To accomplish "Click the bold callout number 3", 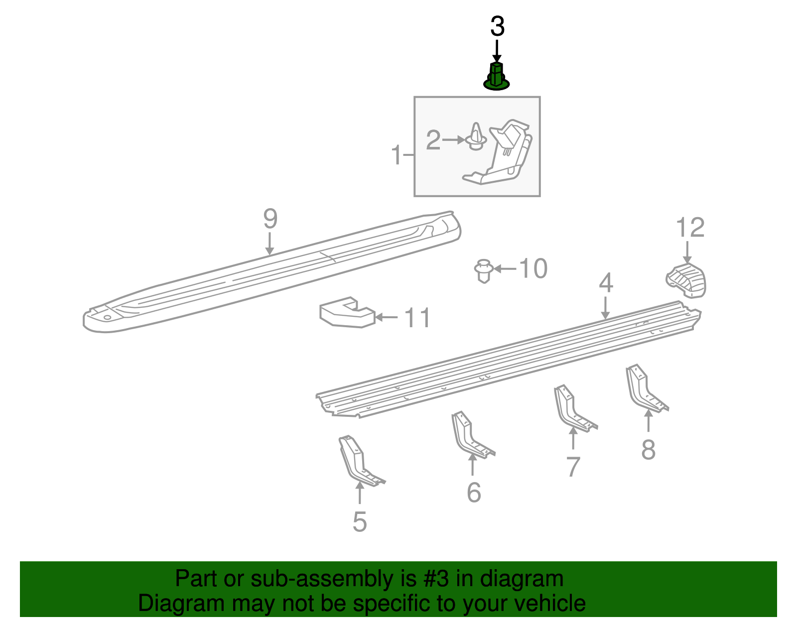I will click(x=497, y=26).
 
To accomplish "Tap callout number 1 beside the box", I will click(x=397, y=155).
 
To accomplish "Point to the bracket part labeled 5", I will click(x=359, y=460).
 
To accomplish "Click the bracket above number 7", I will click(x=572, y=408).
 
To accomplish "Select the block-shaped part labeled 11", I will click(x=347, y=313).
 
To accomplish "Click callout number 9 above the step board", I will click(x=270, y=219).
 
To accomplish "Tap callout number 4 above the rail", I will click(x=605, y=283).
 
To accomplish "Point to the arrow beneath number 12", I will click(x=687, y=252).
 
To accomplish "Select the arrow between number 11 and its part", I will click(x=387, y=317).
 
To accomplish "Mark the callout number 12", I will click(x=690, y=228).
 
